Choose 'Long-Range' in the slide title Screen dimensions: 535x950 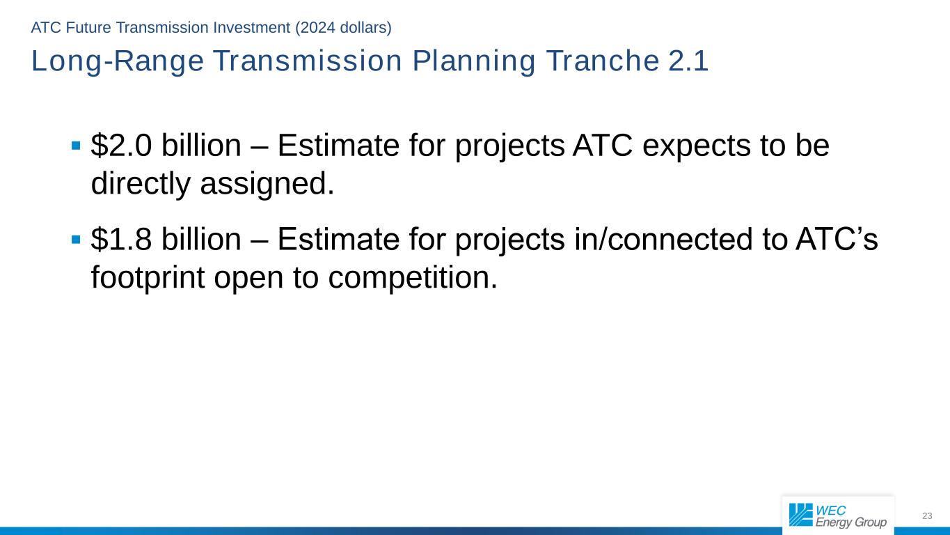tap(117, 62)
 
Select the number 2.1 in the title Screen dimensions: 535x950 tap(688, 62)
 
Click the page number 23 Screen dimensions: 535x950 tap(926, 516)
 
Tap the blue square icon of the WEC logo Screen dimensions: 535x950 tap(800, 515)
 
